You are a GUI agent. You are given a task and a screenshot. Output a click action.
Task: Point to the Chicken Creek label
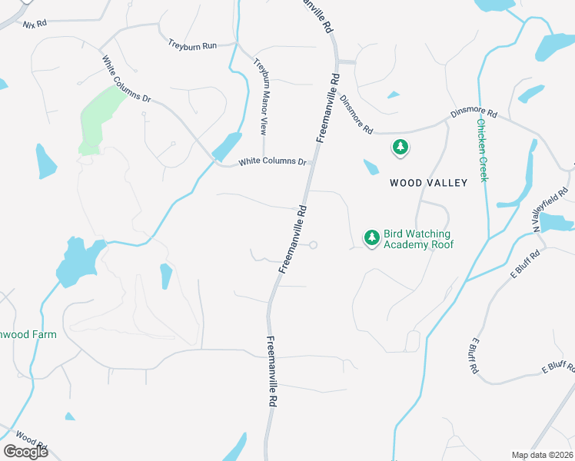pos(482,150)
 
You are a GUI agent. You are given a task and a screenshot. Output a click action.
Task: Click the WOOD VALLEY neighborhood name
pos(428,183)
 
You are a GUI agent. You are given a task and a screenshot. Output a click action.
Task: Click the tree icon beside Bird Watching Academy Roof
pos(372,237)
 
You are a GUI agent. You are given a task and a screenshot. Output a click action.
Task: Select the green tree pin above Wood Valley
pos(400,147)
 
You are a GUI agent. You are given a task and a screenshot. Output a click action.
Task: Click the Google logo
pos(25,452)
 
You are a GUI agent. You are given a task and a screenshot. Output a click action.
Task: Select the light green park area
pos(98,119)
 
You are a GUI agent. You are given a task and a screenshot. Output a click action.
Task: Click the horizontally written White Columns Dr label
pos(272,162)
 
